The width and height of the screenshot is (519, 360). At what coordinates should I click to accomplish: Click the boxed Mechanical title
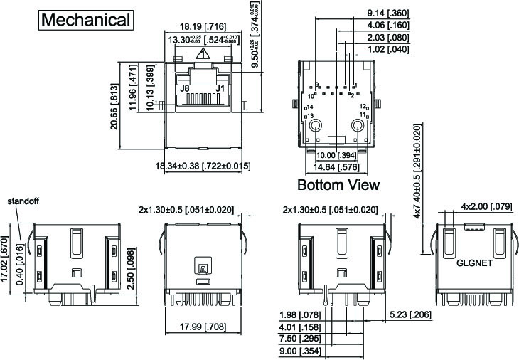86,19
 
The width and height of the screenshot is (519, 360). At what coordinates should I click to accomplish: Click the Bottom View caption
338,185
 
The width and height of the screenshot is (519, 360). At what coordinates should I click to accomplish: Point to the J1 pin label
220,88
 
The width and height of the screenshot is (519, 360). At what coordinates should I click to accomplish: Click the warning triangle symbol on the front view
203,53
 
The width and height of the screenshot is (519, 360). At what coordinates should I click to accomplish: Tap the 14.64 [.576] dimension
337,168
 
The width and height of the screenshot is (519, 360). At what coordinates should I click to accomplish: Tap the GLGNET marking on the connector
474,262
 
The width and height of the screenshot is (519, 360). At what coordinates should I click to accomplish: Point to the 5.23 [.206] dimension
410,314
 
